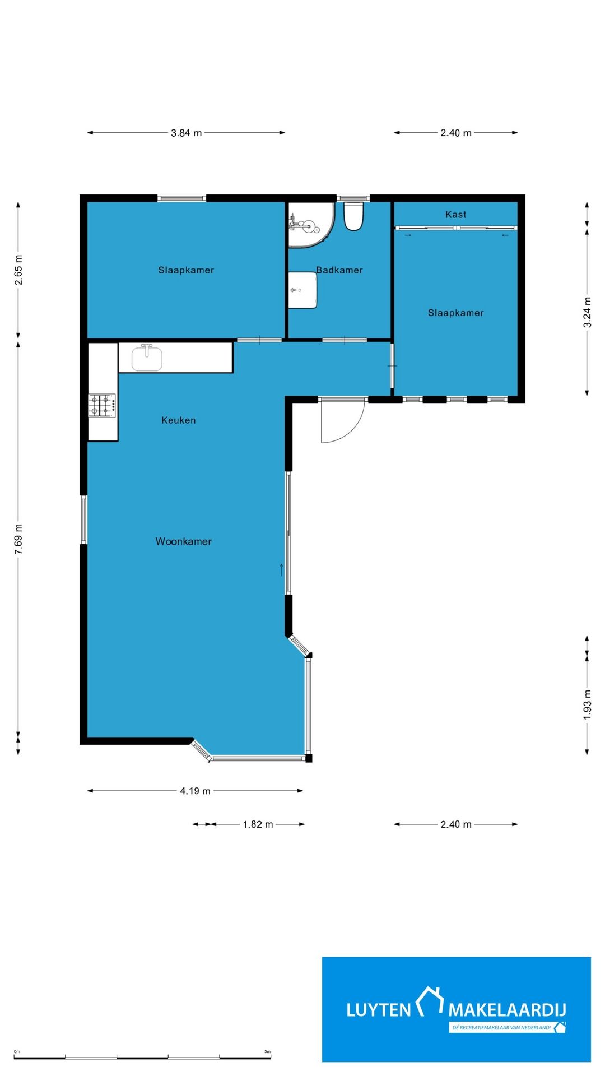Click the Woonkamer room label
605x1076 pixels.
(x=184, y=541)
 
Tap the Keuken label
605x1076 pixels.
(x=179, y=420)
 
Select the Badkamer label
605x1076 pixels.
(x=339, y=270)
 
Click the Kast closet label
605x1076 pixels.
(x=455, y=214)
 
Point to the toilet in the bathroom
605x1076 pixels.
(x=353, y=216)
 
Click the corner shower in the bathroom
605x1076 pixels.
(x=310, y=225)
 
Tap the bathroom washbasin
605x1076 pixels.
(x=302, y=290)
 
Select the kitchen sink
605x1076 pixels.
(x=147, y=358)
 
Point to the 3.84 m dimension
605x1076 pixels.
(x=187, y=133)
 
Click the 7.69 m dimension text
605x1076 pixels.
(x=18, y=540)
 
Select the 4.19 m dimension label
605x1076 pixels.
(x=195, y=791)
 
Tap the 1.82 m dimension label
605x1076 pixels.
(x=258, y=824)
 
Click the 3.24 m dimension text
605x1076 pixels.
(x=587, y=313)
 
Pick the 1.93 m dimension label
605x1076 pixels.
(x=587, y=705)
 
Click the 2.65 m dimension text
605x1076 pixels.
(x=18, y=270)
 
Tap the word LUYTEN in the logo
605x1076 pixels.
(x=379, y=1010)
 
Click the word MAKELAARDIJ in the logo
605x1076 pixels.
(x=507, y=1010)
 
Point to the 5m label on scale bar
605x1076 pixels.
(x=267, y=1051)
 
